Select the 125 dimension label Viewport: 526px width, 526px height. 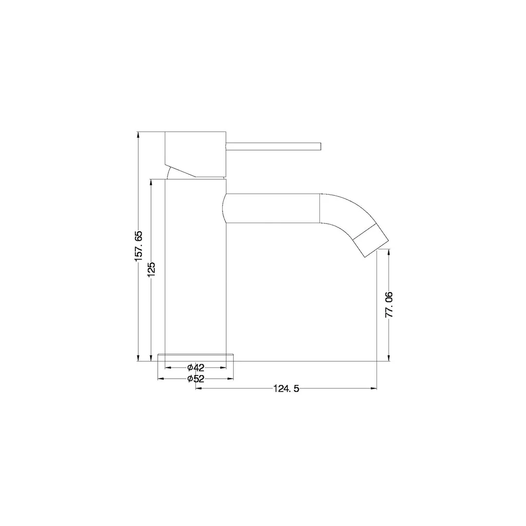pyautogui.click(x=151, y=269)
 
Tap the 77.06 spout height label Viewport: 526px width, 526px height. pyautogui.click(x=389, y=304)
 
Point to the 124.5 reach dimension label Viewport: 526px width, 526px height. pyautogui.click(x=286, y=389)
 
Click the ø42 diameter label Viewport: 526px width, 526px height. pyautogui.click(x=196, y=368)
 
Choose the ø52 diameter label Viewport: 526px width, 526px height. pyautogui.click(x=196, y=379)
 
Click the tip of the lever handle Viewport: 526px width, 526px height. pyautogui.click(x=321, y=147)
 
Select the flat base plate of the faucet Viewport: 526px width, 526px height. pyautogui.click(x=196, y=357)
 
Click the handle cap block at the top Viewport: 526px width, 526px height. pyautogui.click(x=196, y=154)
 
